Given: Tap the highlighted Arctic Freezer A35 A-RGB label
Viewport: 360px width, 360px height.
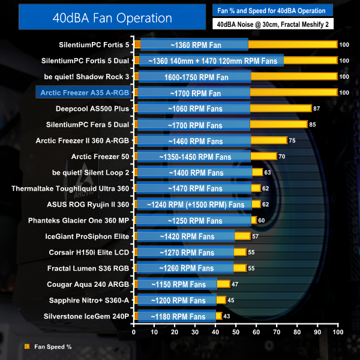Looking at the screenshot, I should pos(83,92).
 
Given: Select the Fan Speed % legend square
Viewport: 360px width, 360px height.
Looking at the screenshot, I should pos(26,346).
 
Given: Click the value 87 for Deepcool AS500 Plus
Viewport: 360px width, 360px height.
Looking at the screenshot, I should pos(317,108).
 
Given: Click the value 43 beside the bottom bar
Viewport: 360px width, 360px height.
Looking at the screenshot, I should pos(227,316).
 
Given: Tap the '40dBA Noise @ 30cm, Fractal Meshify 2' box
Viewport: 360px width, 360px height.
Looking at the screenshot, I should pos(272,24).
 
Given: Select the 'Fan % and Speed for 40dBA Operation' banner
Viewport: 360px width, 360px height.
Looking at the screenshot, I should pos(272,10).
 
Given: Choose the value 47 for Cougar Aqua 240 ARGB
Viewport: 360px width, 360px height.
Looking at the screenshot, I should pos(235,284).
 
